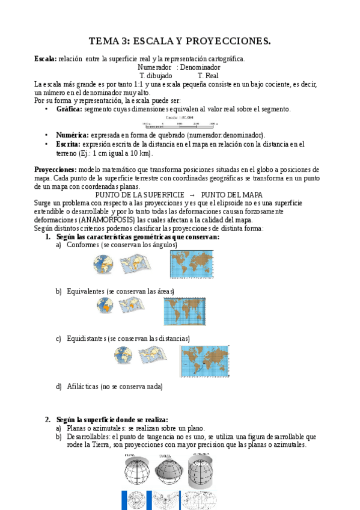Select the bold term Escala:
coord(45,58)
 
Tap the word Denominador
coord(201,67)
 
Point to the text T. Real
coord(208,76)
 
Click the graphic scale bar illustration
coord(178,124)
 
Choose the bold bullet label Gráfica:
coord(70,109)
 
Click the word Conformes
coord(83,245)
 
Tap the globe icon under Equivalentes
coord(105,306)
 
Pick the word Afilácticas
coord(82,386)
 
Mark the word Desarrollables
coord(88,436)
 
